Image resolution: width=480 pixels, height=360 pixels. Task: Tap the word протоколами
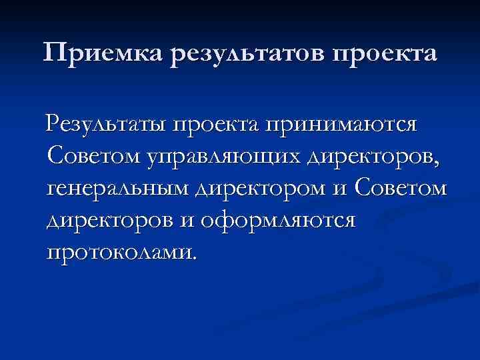tap(120, 253)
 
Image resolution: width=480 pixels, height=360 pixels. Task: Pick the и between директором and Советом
tap(341, 190)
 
